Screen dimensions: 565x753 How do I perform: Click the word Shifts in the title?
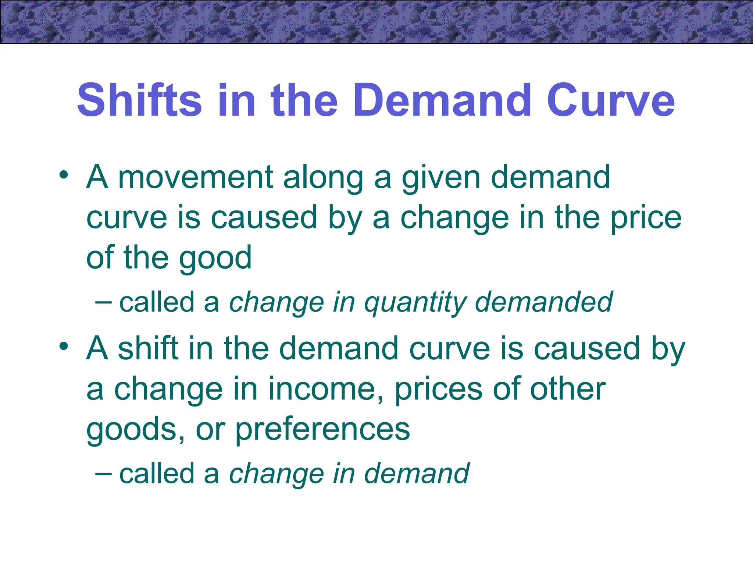coord(139,100)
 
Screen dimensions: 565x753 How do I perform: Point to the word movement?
coord(195,177)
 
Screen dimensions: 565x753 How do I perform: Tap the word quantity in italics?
coord(415,303)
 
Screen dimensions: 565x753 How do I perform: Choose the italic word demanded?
coord(544,302)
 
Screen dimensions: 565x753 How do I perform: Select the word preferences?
coord(322,430)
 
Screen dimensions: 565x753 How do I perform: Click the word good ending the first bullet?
coord(215,258)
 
